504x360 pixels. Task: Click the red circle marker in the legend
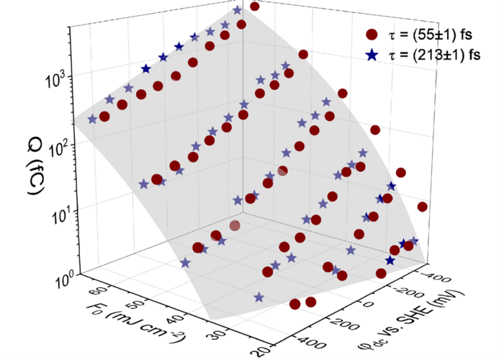click(x=372, y=35)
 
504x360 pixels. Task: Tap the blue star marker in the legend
click(x=372, y=54)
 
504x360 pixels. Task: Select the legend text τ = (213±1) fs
click(x=432, y=54)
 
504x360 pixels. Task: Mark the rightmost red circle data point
click(x=423, y=207)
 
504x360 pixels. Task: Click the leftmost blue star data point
click(x=92, y=119)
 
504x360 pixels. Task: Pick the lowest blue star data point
click(x=258, y=297)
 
